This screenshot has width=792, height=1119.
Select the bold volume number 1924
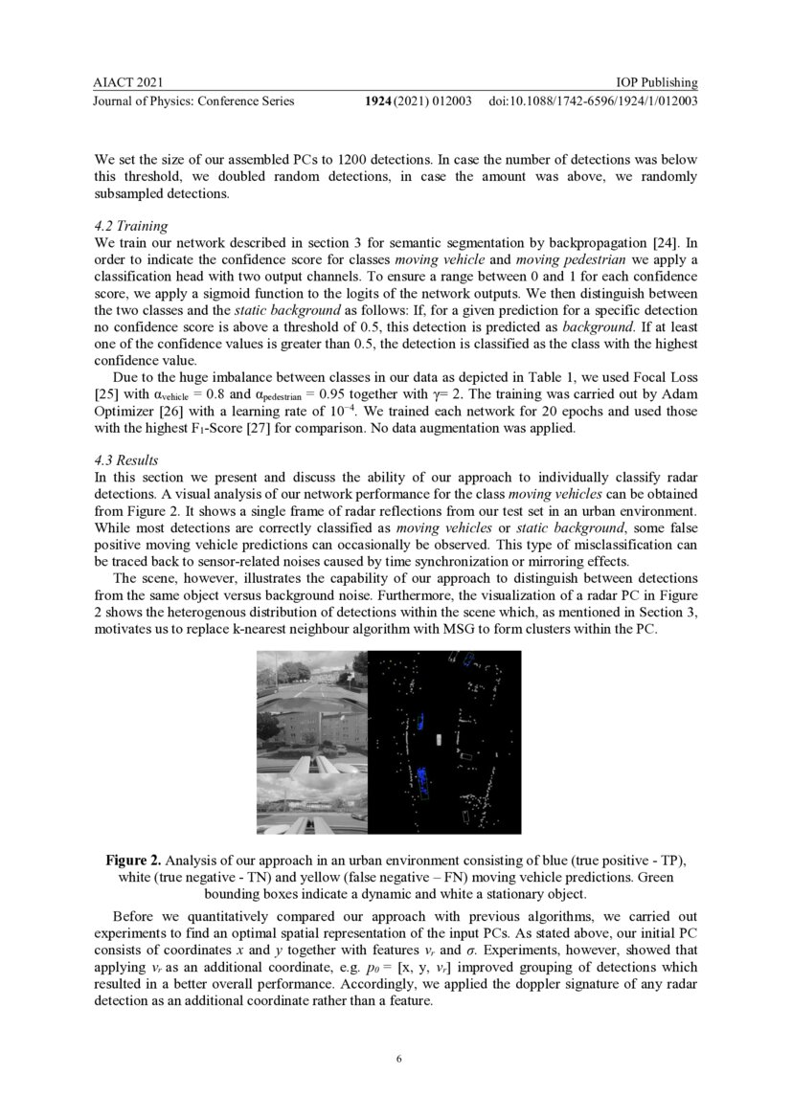coord(385,101)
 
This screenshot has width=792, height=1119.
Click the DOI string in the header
coord(593,101)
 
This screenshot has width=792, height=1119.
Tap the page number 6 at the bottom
coord(396,1060)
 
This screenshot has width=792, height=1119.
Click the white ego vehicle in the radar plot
coord(439,739)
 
